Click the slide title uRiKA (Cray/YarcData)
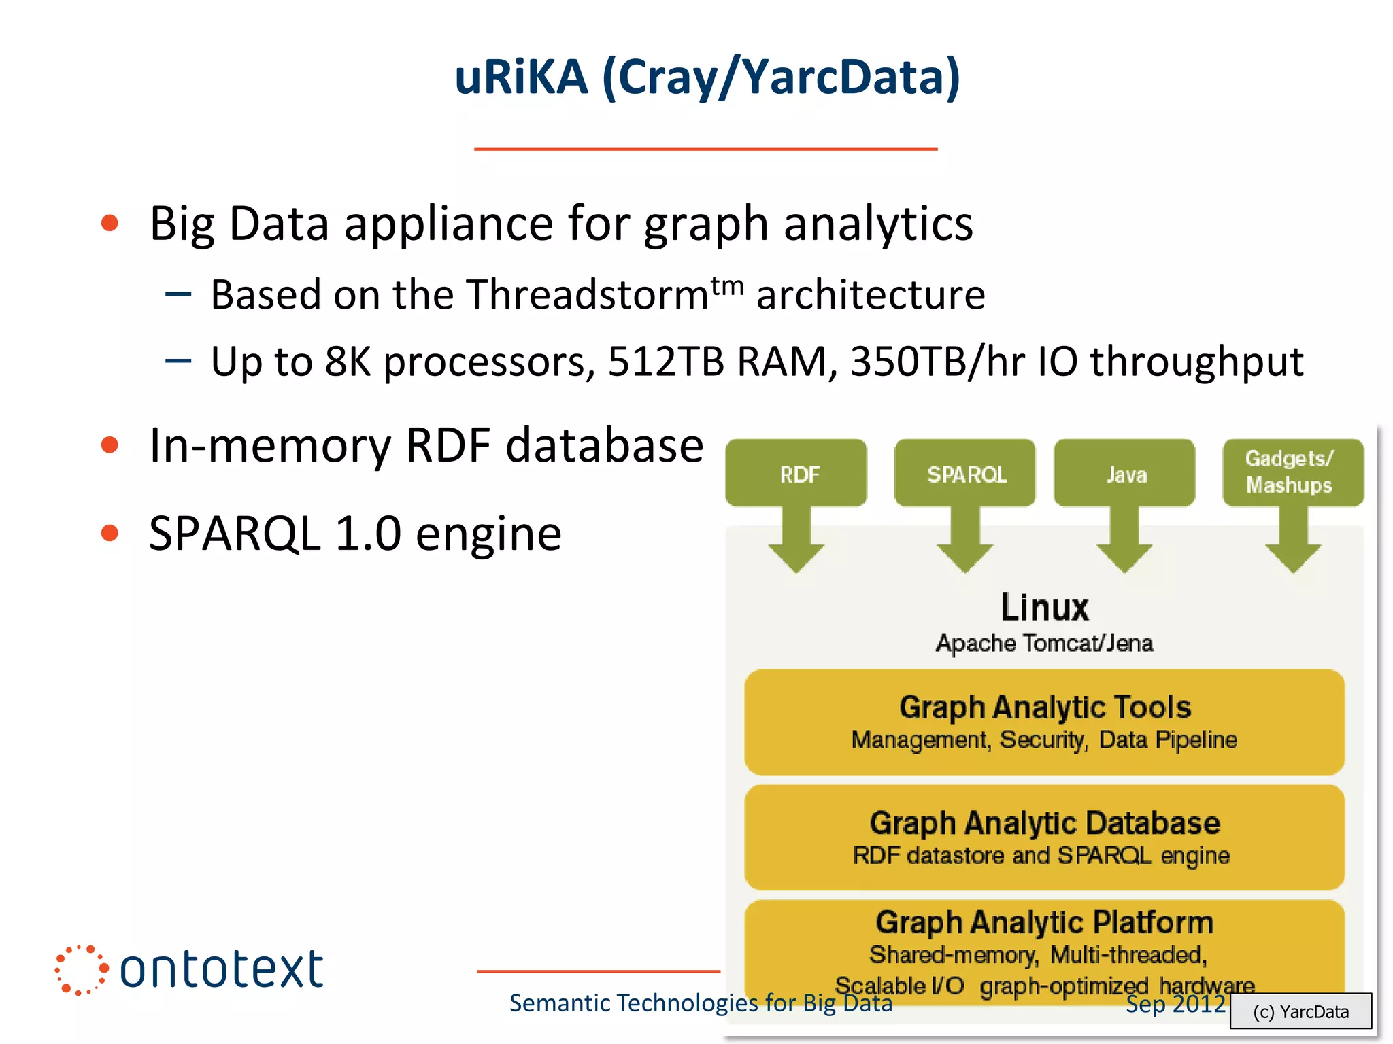point(707,77)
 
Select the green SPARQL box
point(965,473)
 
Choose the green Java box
point(1125,473)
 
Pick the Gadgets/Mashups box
point(1292,472)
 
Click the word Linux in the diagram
point(1044,607)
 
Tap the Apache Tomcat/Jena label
point(1044,643)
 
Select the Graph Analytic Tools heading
point(1044,708)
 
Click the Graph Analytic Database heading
point(1044,823)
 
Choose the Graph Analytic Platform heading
point(1044,922)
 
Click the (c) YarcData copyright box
point(1300,1011)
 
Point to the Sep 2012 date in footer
point(1175,1004)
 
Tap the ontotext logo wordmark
point(221,969)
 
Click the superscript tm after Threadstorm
point(727,285)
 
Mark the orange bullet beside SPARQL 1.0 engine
point(110,533)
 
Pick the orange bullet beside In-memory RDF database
point(110,446)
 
